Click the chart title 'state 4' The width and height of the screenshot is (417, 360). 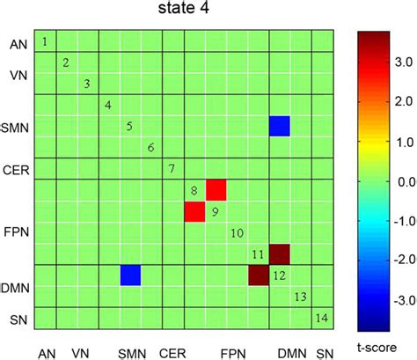[187, 11]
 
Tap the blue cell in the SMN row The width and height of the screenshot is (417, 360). [280, 126]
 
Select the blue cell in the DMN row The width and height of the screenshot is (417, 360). [130, 275]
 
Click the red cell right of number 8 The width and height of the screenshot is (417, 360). [216, 190]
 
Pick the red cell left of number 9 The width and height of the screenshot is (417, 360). [194, 211]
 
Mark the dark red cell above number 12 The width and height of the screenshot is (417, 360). [280, 254]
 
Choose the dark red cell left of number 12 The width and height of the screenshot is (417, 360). [259, 276]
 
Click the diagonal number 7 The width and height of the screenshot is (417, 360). [172, 168]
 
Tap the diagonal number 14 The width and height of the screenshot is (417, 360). [322, 317]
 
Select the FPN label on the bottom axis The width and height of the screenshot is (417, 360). [231, 352]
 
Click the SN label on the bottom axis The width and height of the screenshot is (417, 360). [324, 352]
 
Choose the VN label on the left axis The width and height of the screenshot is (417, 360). [18, 76]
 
